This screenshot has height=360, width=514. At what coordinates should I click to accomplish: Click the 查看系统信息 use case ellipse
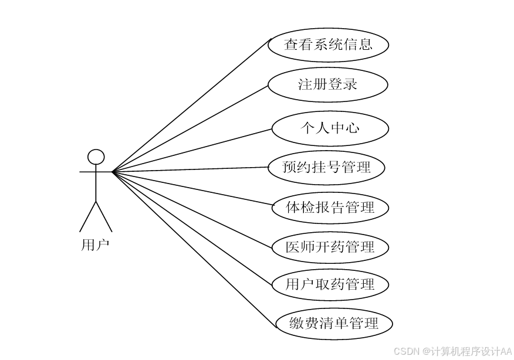[x=328, y=45]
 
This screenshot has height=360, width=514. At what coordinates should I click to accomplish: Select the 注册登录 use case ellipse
[x=328, y=84]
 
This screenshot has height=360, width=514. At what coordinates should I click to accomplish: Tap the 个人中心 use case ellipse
[x=330, y=128]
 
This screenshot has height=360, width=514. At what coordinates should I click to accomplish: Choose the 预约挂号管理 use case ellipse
[x=326, y=168]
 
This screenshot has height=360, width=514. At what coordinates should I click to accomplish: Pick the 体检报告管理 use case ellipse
[x=330, y=207]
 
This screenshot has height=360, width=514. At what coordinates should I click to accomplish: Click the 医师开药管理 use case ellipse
[x=330, y=247]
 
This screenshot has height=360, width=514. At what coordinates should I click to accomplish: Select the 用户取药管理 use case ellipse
[x=330, y=285]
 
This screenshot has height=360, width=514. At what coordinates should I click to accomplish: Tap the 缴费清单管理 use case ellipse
[x=333, y=323]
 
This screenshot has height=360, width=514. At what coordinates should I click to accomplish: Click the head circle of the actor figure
[x=96, y=157]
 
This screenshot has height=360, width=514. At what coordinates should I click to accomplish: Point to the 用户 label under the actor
[x=94, y=244]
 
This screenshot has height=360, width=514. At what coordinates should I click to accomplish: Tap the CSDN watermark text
[x=452, y=351]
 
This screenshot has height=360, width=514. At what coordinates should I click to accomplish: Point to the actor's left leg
[x=88, y=216]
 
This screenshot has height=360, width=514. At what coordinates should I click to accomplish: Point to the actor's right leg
[x=104, y=216]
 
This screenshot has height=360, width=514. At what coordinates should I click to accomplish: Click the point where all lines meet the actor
[x=113, y=172]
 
